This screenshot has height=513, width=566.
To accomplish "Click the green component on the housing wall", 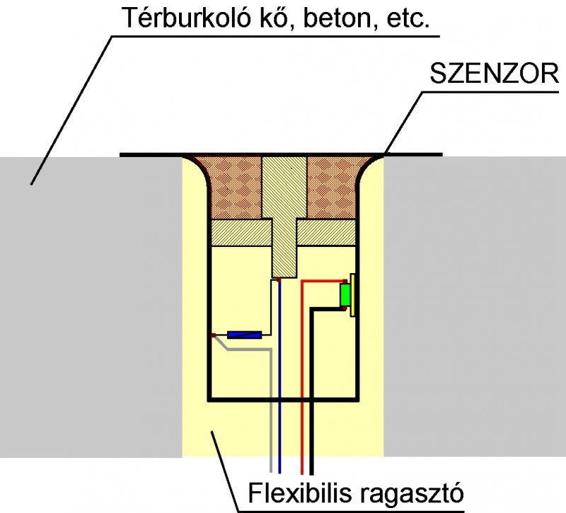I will point(345,295).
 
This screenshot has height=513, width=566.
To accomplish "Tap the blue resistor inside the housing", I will point(244,335).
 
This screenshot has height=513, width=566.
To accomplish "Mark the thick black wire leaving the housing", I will point(312,396).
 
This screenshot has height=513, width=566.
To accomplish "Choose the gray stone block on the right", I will point(474,304).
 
